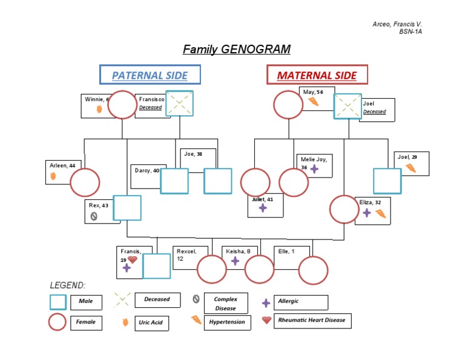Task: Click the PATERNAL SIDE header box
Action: point(150,75)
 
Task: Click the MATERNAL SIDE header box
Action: point(317,75)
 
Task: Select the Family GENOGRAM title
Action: point(237,49)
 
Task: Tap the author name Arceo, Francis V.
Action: point(397,24)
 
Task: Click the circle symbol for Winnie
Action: point(122,105)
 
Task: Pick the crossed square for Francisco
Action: point(179,104)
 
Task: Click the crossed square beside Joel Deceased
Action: point(348,107)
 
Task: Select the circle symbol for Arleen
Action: point(85,182)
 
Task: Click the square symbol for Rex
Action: point(127,208)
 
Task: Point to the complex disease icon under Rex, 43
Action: point(94,216)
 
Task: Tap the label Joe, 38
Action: point(193,154)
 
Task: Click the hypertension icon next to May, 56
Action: point(314,101)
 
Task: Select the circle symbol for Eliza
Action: point(344,210)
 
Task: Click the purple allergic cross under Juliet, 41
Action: point(263,208)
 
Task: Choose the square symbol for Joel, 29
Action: point(387,181)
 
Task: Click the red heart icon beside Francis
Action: point(133,260)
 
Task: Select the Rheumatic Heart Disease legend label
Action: point(311,319)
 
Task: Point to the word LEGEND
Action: point(68,285)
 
